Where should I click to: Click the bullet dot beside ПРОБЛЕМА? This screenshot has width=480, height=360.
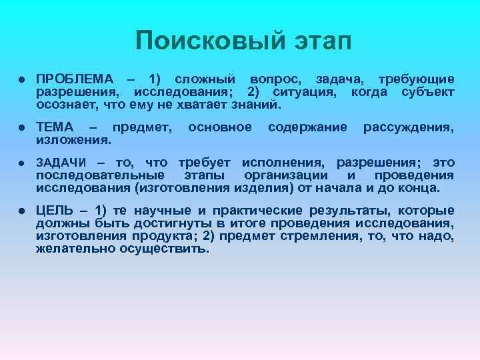(x=22, y=80)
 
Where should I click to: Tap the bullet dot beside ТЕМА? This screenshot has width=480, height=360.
(x=22, y=127)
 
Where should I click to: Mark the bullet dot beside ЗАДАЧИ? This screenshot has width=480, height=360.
(x=22, y=163)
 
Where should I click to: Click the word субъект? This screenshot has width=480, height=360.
(x=428, y=92)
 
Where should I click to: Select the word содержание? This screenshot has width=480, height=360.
(x=307, y=127)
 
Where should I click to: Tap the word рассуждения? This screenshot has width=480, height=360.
(x=408, y=127)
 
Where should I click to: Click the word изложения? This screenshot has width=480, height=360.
(x=73, y=140)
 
